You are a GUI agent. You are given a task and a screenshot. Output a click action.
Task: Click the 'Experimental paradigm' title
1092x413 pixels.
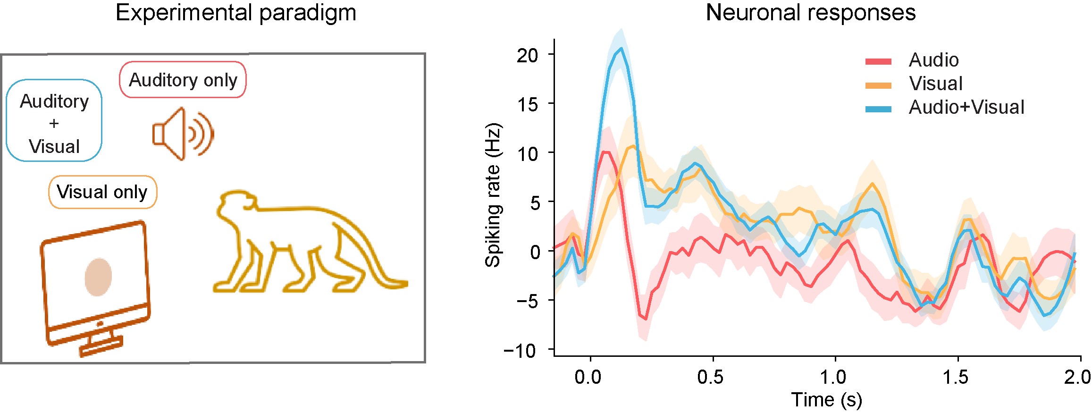coord(235,13)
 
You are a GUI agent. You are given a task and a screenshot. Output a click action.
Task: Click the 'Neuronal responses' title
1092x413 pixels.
coord(810,13)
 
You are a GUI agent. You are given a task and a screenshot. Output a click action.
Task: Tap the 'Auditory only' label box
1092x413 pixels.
coord(183,80)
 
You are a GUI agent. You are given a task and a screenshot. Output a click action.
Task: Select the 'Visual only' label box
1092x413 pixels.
coord(102,192)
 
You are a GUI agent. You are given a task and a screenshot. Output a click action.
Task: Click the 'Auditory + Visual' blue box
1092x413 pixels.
coord(54,121)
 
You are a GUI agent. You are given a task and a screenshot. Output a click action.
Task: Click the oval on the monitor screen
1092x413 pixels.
coord(98,277)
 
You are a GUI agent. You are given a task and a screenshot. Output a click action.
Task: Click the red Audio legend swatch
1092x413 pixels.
coord(878,61)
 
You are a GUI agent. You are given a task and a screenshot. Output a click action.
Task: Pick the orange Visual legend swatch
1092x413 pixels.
coord(878,85)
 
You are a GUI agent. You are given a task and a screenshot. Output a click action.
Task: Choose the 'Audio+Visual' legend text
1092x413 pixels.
coord(966,108)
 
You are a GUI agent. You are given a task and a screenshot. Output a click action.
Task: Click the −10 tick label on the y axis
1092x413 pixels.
coord(521,350)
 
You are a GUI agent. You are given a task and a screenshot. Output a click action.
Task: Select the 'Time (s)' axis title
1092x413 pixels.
coord(827,400)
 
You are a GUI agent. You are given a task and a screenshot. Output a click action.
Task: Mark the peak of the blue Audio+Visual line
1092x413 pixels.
coord(622,48)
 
